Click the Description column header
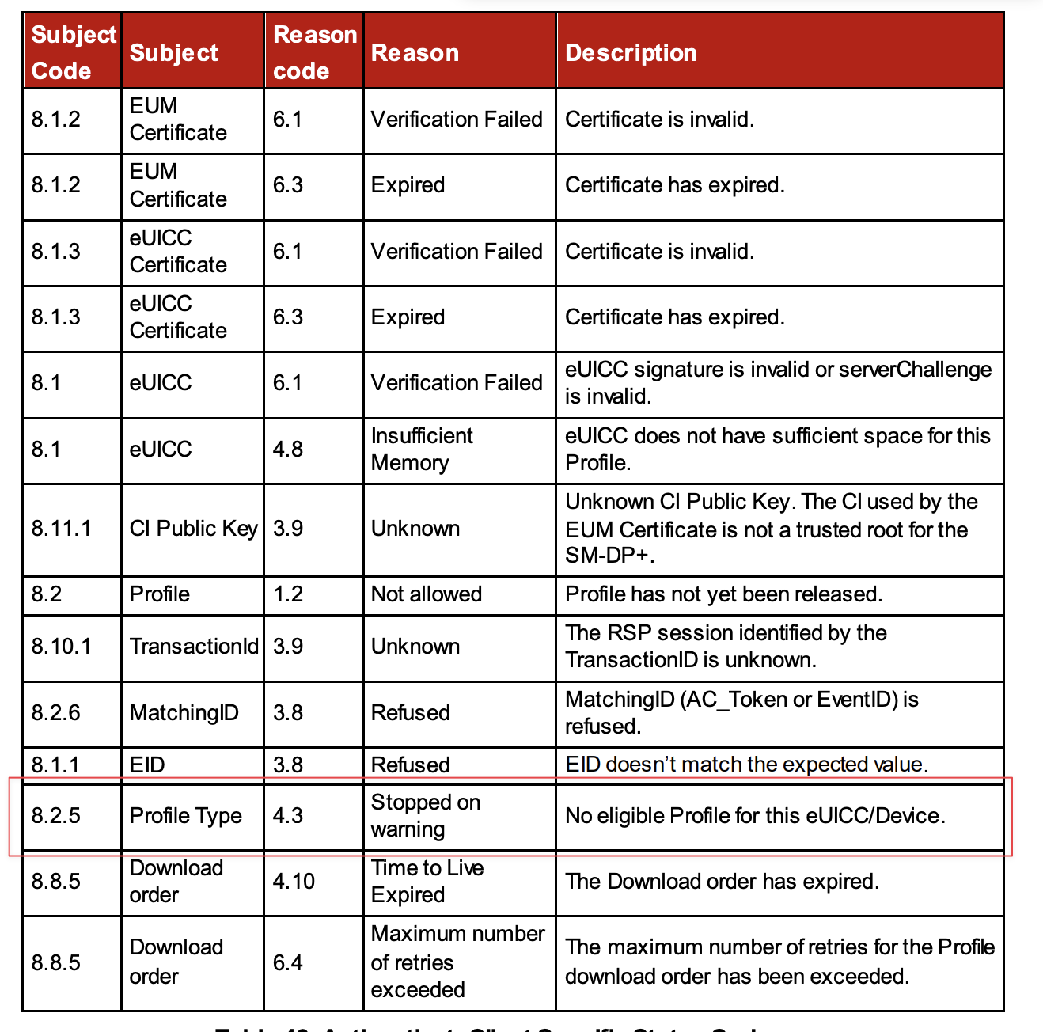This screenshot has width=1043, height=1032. (x=631, y=52)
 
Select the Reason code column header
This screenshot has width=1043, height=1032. (x=314, y=52)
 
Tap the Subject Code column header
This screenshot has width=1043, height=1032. (x=73, y=52)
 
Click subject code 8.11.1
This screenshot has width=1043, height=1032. (x=61, y=528)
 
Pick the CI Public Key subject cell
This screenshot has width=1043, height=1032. (x=193, y=528)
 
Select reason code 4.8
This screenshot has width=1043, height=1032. (x=288, y=449)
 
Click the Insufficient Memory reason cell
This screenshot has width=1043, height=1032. (x=422, y=449)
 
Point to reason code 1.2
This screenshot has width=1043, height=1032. (x=288, y=594)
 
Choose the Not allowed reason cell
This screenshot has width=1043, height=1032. (x=426, y=594)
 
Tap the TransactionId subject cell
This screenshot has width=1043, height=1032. (x=194, y=646)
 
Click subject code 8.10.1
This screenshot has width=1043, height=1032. (x=61, y=646)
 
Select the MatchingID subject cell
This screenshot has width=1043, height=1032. (x=184, y=712)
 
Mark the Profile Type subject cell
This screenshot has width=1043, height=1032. (x=185, y=815)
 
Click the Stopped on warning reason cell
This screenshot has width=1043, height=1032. (x=425, y=815)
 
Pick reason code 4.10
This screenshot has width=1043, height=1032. (x=294, y=881)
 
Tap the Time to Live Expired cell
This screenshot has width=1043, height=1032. (x=427, y=881)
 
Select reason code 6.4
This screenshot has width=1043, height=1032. (x=288, y=962)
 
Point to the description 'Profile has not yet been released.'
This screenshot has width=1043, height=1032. (x=723, y=594)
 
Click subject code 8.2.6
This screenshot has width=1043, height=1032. (x=55, y=712)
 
